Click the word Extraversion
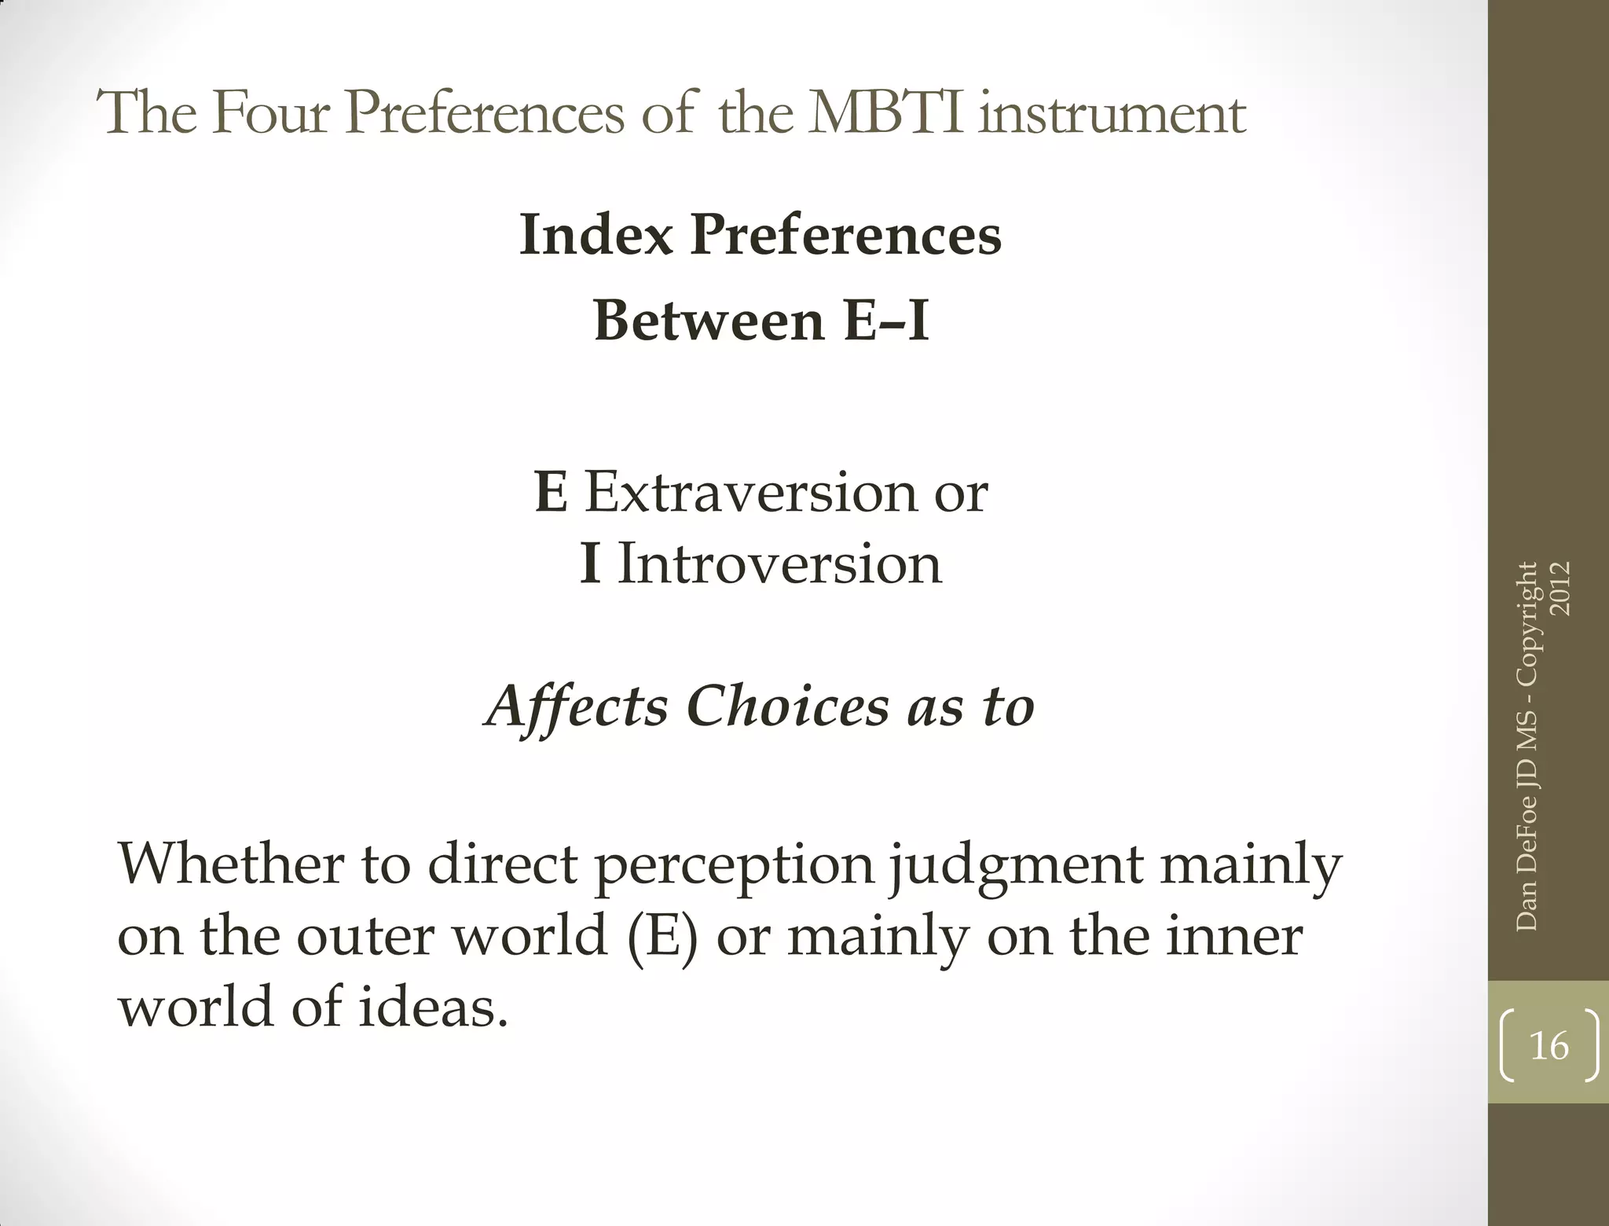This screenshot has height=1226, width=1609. (750, 493)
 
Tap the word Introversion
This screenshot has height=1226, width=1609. (779, 564)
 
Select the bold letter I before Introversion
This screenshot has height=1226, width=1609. (591, 564)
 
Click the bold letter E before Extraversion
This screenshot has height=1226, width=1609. (551, 493)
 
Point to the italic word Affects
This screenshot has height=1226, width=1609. (577, 707)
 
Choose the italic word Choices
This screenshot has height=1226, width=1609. (788, 707)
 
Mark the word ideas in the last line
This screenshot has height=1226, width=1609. (434, 1008)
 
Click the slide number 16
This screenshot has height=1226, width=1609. (1549, 1046)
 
